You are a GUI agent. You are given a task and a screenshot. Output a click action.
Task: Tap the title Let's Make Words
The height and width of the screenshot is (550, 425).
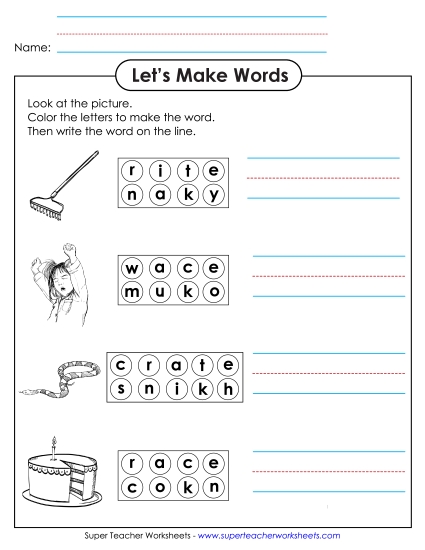(x=211, y=76)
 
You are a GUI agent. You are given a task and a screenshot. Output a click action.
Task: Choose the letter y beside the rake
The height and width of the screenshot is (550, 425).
(x=211, y=196)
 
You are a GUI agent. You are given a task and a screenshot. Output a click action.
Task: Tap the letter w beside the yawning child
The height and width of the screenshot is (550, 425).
(x=132, y=268)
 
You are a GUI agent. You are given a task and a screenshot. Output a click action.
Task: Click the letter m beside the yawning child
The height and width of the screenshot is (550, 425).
(x=132, y=293)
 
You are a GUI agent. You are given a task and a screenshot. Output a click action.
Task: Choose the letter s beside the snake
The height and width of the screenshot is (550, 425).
(x=121, y=388)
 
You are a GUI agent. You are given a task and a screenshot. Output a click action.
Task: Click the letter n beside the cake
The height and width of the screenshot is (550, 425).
(x=211, y=487)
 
